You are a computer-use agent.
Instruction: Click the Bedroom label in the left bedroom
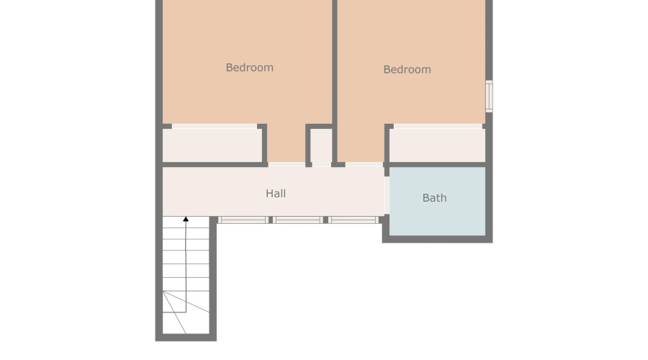coord(249,68)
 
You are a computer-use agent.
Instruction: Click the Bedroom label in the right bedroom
coord(407,70)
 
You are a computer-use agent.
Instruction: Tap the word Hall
coord(276,194)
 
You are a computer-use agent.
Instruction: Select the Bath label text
coord(434,198)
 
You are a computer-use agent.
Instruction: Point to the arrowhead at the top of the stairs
coord(186,218)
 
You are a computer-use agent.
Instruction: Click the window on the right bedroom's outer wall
coord(489,96)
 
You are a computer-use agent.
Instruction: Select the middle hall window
coord(298,220)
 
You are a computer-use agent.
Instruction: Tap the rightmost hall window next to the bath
coord(354,220)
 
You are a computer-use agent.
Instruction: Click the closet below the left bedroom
coord(211,145)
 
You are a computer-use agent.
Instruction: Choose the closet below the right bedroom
coord(437,145)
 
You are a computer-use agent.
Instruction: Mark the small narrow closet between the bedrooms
coord(320,146)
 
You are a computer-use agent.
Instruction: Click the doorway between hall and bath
coord(387,195)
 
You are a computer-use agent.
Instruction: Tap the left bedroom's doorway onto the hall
coord(287,165)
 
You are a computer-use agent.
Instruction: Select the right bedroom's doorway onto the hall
coord(364,165)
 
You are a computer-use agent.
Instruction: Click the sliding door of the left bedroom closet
coord(214,127)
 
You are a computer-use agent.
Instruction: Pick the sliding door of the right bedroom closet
coord(437,127)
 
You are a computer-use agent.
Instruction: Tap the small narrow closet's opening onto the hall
coord(321,165)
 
